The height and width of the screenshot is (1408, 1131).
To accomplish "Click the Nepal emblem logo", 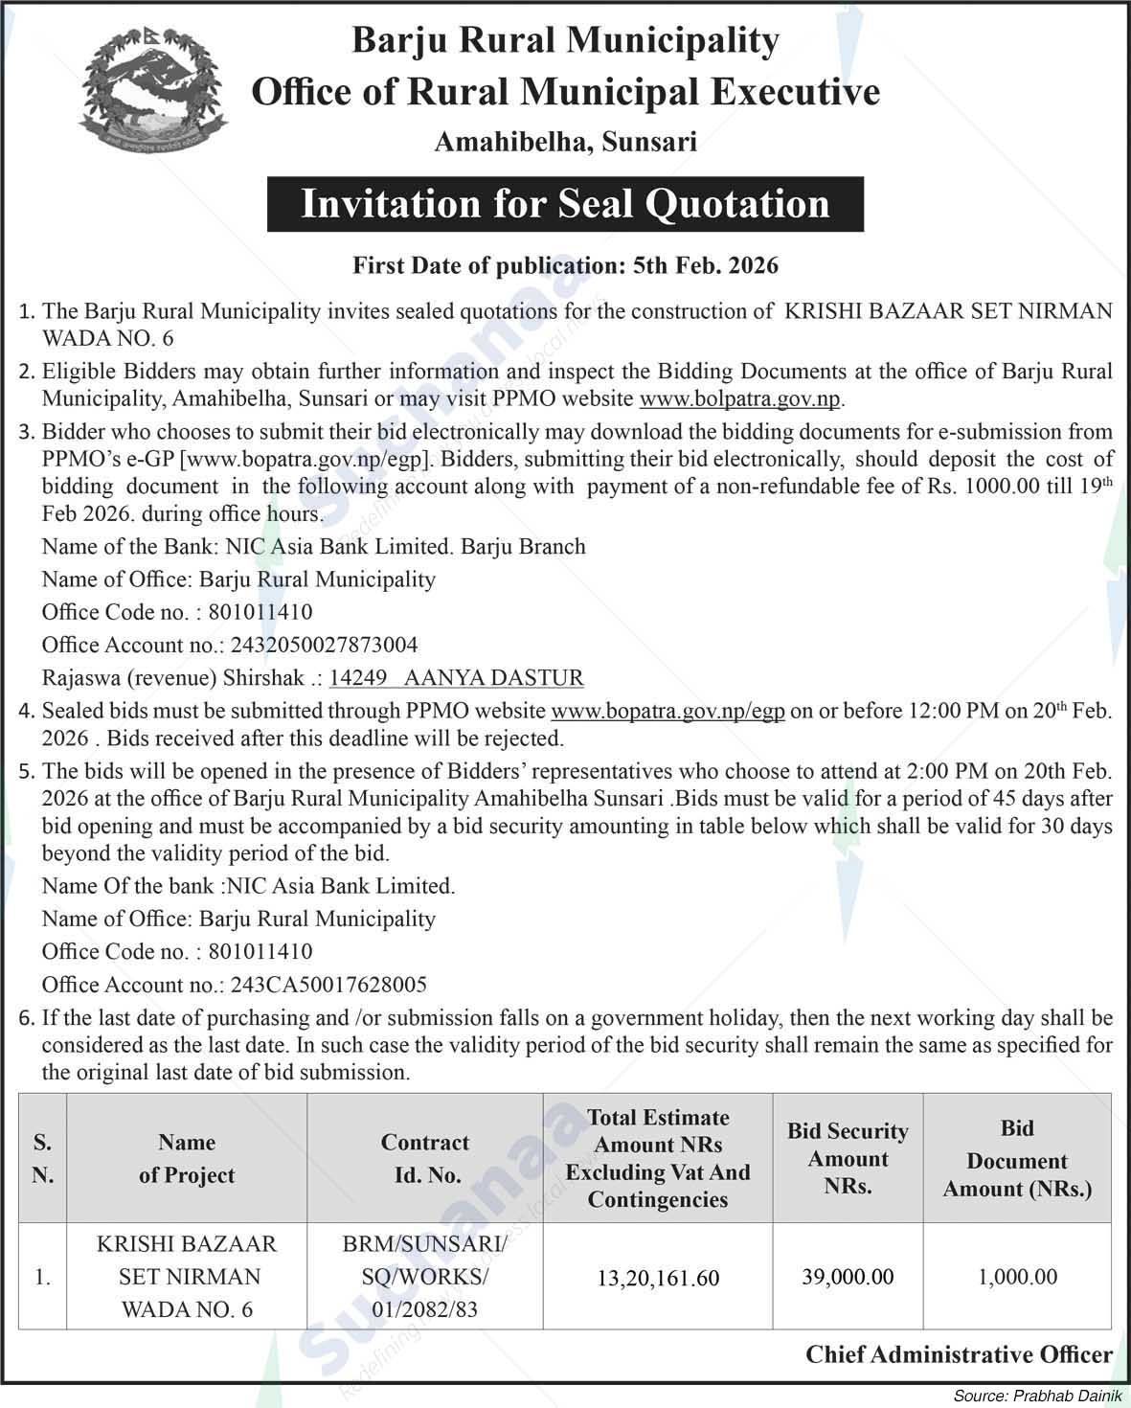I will [x=154, y=92].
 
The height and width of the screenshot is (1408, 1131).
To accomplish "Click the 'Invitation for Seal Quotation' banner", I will [x=565, y=204].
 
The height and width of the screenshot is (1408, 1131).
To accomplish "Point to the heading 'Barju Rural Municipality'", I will [x=565, y=40].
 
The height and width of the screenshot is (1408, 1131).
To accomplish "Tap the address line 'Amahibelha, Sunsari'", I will [x=565, y=143].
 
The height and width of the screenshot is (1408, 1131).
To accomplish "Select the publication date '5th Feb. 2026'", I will [x=706, y=265].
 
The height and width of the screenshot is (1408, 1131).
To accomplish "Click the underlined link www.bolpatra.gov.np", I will [x=741, y=398].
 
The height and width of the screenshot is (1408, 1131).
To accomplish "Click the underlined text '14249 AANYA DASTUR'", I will [x=456, y=678].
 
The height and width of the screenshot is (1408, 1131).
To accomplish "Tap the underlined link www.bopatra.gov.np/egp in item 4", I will [x=668, y=712].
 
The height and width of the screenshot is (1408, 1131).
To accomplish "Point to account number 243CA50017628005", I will [x=326, y=985].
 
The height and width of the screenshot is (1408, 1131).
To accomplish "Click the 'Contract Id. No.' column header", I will [x=424, y=1159].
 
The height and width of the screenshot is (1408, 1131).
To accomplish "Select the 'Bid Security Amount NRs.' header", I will [x=848, y=1159].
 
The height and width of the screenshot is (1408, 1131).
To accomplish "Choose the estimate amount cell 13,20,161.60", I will [x=658, y=1279].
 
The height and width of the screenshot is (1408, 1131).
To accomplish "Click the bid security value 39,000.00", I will [x=848, y=1277].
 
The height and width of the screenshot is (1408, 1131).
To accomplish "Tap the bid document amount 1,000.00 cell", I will [x=1017, y=1277].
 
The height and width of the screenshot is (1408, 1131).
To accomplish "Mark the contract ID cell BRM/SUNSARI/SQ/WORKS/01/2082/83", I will [x=424, y=1277].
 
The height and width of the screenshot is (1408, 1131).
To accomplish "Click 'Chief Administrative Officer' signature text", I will [x=959, y=1354].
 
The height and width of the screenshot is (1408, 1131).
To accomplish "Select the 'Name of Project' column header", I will [x=187, y=1159].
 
